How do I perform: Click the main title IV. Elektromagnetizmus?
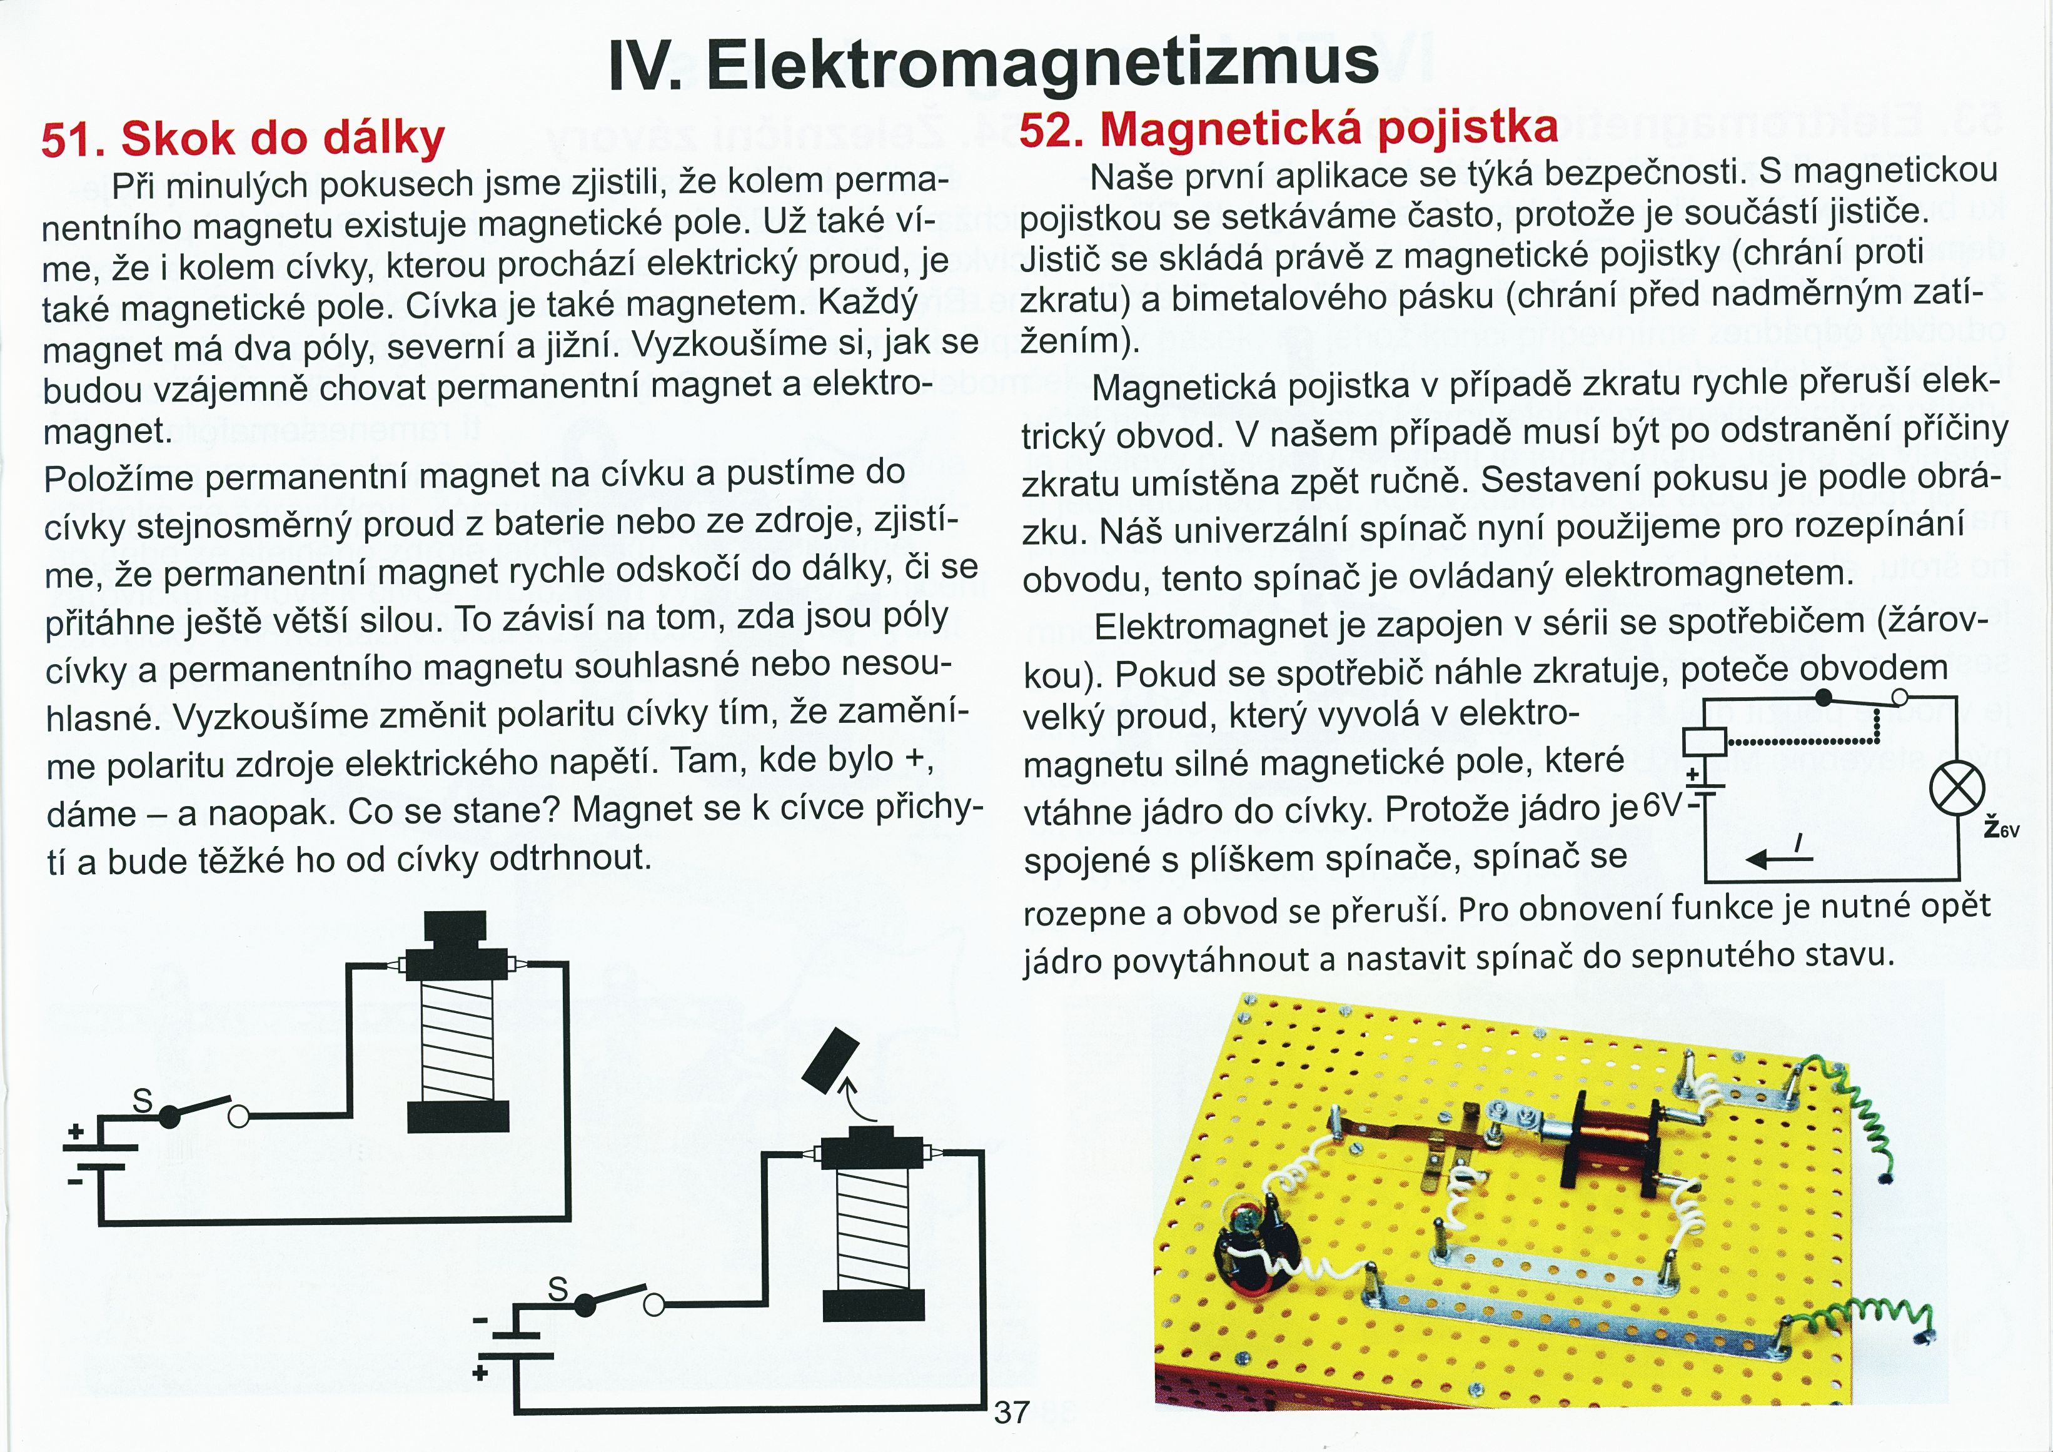point(992,64)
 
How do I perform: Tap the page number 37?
point(1011,1412)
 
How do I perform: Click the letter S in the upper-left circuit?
point(142,1101)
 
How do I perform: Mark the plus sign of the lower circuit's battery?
point(480,1371)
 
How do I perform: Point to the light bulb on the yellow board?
point(1244,1219)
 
